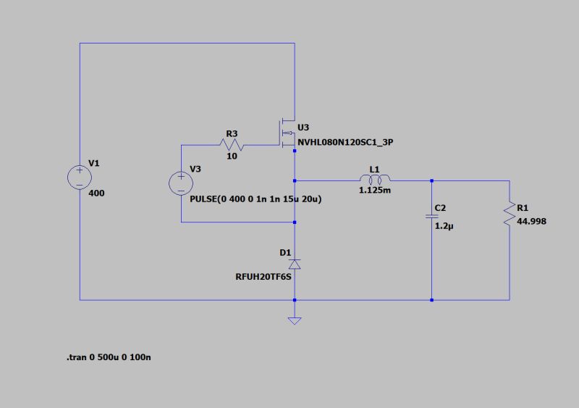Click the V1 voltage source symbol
[80, 177]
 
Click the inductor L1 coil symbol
[374, 180]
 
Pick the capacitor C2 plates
[432, 217]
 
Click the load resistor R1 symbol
[510, 215]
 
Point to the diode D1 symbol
[294, 264]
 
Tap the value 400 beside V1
[96, 193]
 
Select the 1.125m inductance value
[375, 191]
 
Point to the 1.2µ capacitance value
[444, 226]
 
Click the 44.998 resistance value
[532, 221]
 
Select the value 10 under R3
[232, 157]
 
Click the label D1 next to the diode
[284, 252]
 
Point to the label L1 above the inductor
[374, 169]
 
